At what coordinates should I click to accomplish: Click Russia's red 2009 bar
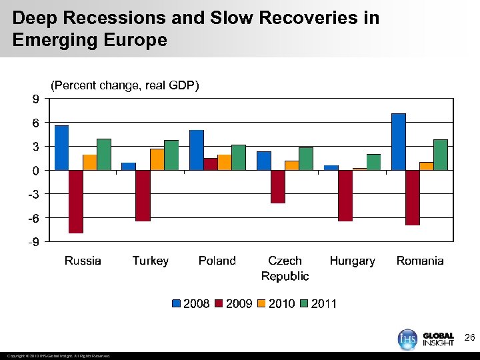[76, 201]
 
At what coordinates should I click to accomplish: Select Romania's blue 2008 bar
[399, 142]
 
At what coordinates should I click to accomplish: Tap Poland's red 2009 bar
[210, 164]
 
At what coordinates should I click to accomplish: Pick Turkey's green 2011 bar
[171, 155]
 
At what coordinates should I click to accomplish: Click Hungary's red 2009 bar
[345, 195]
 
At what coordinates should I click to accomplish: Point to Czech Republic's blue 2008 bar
[264, 161]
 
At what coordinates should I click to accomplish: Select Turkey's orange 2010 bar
[157, 159]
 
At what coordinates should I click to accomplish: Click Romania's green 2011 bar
[440, 155]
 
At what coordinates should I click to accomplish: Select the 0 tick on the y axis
[35, 171]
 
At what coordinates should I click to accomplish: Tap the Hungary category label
[352, 261]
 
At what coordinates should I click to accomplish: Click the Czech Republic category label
[285, 268]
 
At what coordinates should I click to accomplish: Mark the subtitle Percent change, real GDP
[125, 85]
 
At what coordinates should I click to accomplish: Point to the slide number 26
[469, 339]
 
